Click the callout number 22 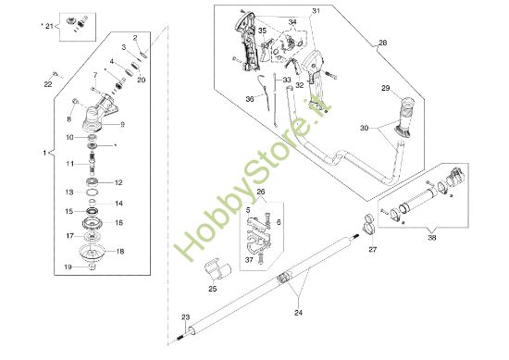tap(48, 85)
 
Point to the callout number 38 tap(434, 236)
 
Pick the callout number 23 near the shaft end tap(184, 317)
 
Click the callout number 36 tap(250, 99)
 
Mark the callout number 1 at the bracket tap(46, 150)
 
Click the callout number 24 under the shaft tap(298, 314)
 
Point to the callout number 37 tap(249, 260)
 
